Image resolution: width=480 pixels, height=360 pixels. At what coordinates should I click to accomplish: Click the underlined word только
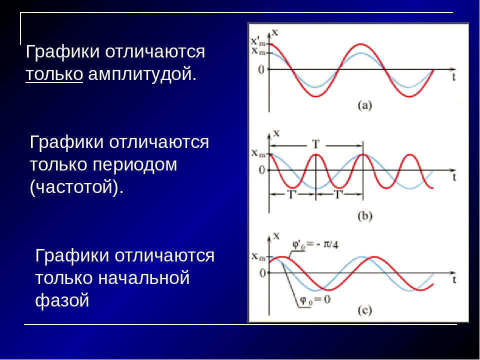(x=54, y=74)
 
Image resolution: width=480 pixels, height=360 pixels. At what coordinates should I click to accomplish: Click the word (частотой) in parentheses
(x=76, y=186)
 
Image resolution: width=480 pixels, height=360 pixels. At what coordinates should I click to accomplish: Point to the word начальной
(x=143, y=277)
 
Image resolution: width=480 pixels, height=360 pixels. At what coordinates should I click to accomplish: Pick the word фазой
(x=62, y=300)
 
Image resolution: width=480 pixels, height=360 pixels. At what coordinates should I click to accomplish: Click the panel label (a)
(x=364, y=105)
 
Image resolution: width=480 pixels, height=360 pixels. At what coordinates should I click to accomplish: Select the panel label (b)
(x=364, y=216)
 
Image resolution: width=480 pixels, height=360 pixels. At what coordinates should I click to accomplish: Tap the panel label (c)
(x=364, y=310)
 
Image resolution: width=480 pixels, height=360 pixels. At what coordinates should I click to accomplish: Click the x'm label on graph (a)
(x=258, y=41)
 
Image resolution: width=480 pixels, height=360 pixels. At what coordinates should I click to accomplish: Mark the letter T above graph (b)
(x=315, y=144)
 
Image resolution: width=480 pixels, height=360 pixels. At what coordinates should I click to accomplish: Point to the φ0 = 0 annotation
(x=314, y=299)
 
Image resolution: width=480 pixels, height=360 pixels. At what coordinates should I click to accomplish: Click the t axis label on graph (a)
(x=453, y=77)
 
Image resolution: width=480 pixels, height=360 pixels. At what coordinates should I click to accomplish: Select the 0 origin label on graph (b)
(x=261, y=170)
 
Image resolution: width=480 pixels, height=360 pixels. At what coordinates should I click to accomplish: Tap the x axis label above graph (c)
(x=276, y=235)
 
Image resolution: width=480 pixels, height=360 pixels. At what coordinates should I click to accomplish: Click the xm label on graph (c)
(x=258, y=256)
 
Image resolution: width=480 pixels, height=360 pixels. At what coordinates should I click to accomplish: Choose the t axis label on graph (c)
(x=454, y=279)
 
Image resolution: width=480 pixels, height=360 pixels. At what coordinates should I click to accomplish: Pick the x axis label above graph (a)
(x=275, y=32)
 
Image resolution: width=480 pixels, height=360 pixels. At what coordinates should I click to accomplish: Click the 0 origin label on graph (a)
(x=261, y=70)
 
